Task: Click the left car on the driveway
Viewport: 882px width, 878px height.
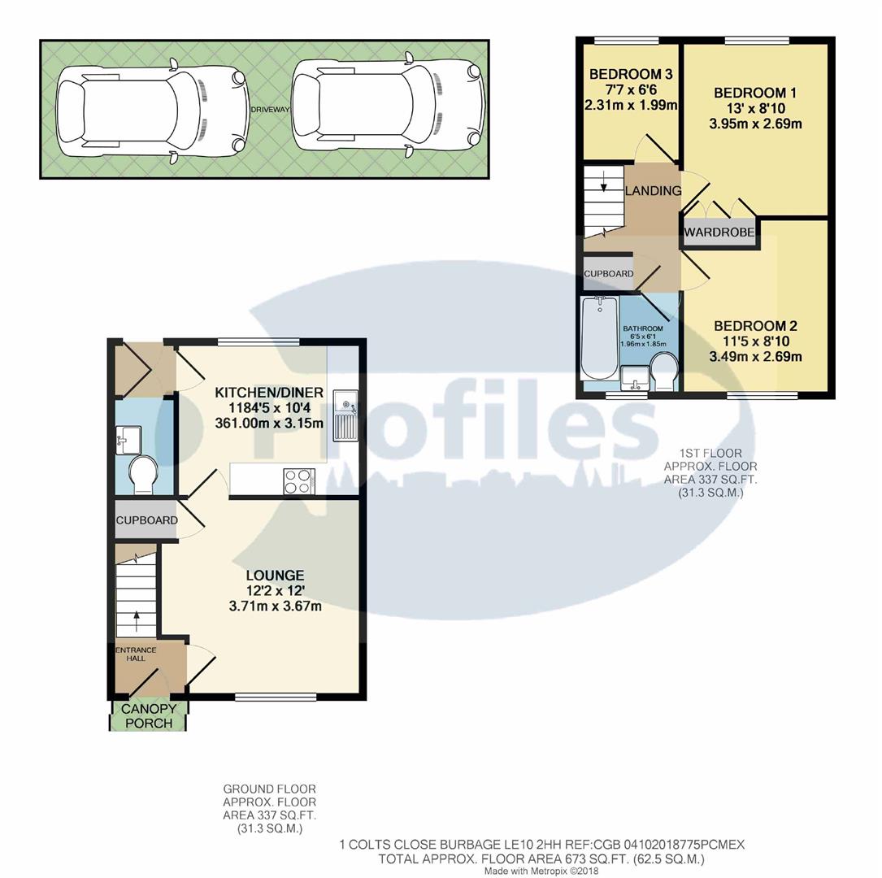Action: [150, 109]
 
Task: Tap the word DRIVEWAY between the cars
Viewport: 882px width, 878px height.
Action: [269, 109]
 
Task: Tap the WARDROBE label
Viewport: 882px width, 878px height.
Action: [720, 233]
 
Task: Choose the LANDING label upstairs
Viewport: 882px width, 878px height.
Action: [653, 191]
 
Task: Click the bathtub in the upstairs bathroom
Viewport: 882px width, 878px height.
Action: [600, 338]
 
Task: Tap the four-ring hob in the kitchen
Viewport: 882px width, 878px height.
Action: [298, 480]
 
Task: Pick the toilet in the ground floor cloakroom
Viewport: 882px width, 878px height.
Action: [144, 475]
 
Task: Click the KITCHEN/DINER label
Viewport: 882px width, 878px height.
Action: [269, 393]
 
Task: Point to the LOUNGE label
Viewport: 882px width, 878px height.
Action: [272, 576]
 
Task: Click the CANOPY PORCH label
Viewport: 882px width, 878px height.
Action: [148, 716]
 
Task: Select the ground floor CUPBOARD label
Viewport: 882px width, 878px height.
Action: [146, 520]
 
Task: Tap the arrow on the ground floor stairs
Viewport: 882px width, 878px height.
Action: [136, 618]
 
